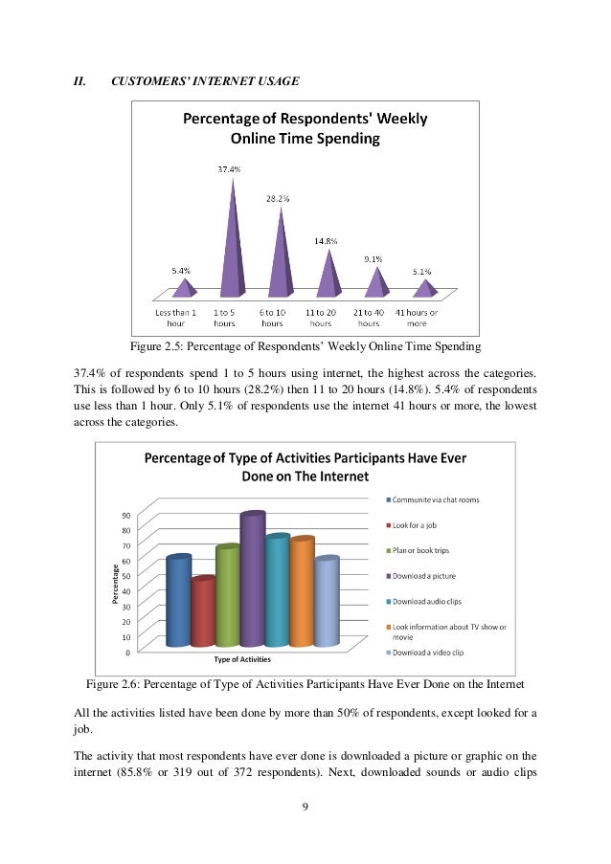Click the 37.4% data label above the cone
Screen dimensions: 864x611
click(227, 169)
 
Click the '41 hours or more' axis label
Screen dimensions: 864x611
click(418, 318)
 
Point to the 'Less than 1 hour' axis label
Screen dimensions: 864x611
click(176, 318)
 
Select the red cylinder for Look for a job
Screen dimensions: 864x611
click(203, 612)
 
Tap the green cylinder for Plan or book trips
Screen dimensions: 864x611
click(228, 597)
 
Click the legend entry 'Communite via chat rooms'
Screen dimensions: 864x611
click(437, 499)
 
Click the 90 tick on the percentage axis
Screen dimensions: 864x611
click(125, 515)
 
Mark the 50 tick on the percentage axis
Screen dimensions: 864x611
click(125, 576)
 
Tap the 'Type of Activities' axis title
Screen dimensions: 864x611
click(242, 659)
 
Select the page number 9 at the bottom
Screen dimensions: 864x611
click(305, 809)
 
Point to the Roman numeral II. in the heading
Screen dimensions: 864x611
click(80, 80)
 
